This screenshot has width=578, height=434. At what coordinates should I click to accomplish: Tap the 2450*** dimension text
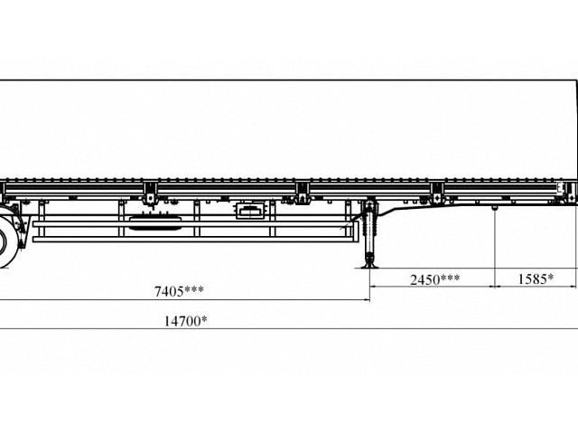(435, 279)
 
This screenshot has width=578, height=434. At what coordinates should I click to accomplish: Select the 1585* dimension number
(536, 279)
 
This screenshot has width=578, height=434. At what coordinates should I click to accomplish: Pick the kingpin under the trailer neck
(496, 209)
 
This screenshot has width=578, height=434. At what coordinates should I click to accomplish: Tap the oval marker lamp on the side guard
(146, 220)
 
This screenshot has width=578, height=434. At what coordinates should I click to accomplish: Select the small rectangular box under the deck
(249, 211)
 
